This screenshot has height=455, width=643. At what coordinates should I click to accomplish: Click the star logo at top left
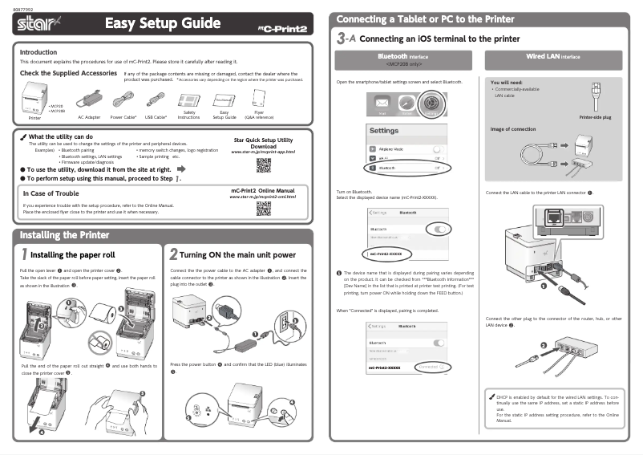tap(37, 25)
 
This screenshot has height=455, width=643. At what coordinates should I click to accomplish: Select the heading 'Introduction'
tap(38, 52)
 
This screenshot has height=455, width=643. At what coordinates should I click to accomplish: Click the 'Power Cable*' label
tap(123, 117)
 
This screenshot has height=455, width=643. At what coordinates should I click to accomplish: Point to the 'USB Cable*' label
tap(156, 117)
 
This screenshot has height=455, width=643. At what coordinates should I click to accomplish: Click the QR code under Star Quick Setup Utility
tap(263, 166)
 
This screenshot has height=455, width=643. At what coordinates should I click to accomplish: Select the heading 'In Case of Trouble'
tap(51, 193)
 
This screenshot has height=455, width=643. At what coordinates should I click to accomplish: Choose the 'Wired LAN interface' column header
tap(552, 57)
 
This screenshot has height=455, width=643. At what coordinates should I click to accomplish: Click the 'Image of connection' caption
tap(513, 129)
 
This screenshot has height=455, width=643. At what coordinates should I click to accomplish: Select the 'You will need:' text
tap(506, 82)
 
